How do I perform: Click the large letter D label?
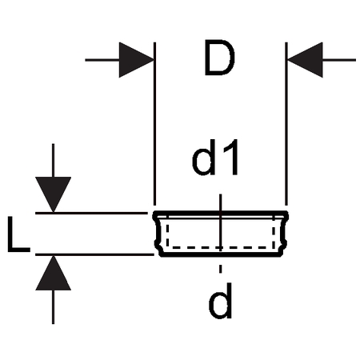[x=219, y=58]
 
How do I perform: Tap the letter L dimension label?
[x=18, y=234]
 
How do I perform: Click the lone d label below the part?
[x=220, y=301]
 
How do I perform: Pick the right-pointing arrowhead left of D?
[x=136, y=60]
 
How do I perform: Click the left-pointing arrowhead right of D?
[x=305, y=60]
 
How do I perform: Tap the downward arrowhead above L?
[x=54, y=194]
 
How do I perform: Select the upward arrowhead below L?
[x=54, y=273]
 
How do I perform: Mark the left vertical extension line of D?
[x=154, y=124]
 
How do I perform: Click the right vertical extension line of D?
[x=286, y=124]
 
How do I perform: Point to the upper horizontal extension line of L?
[x=91, y=213]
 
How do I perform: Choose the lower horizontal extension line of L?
[x=94, y=254]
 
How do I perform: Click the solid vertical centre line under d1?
[x=220, y=222]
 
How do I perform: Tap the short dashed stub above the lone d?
[x=220, y=269]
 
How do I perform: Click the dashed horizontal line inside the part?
[x=220, y=247]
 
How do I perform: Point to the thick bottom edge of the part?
[x=220, y=255]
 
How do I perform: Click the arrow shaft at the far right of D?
[x=339, y=60]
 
